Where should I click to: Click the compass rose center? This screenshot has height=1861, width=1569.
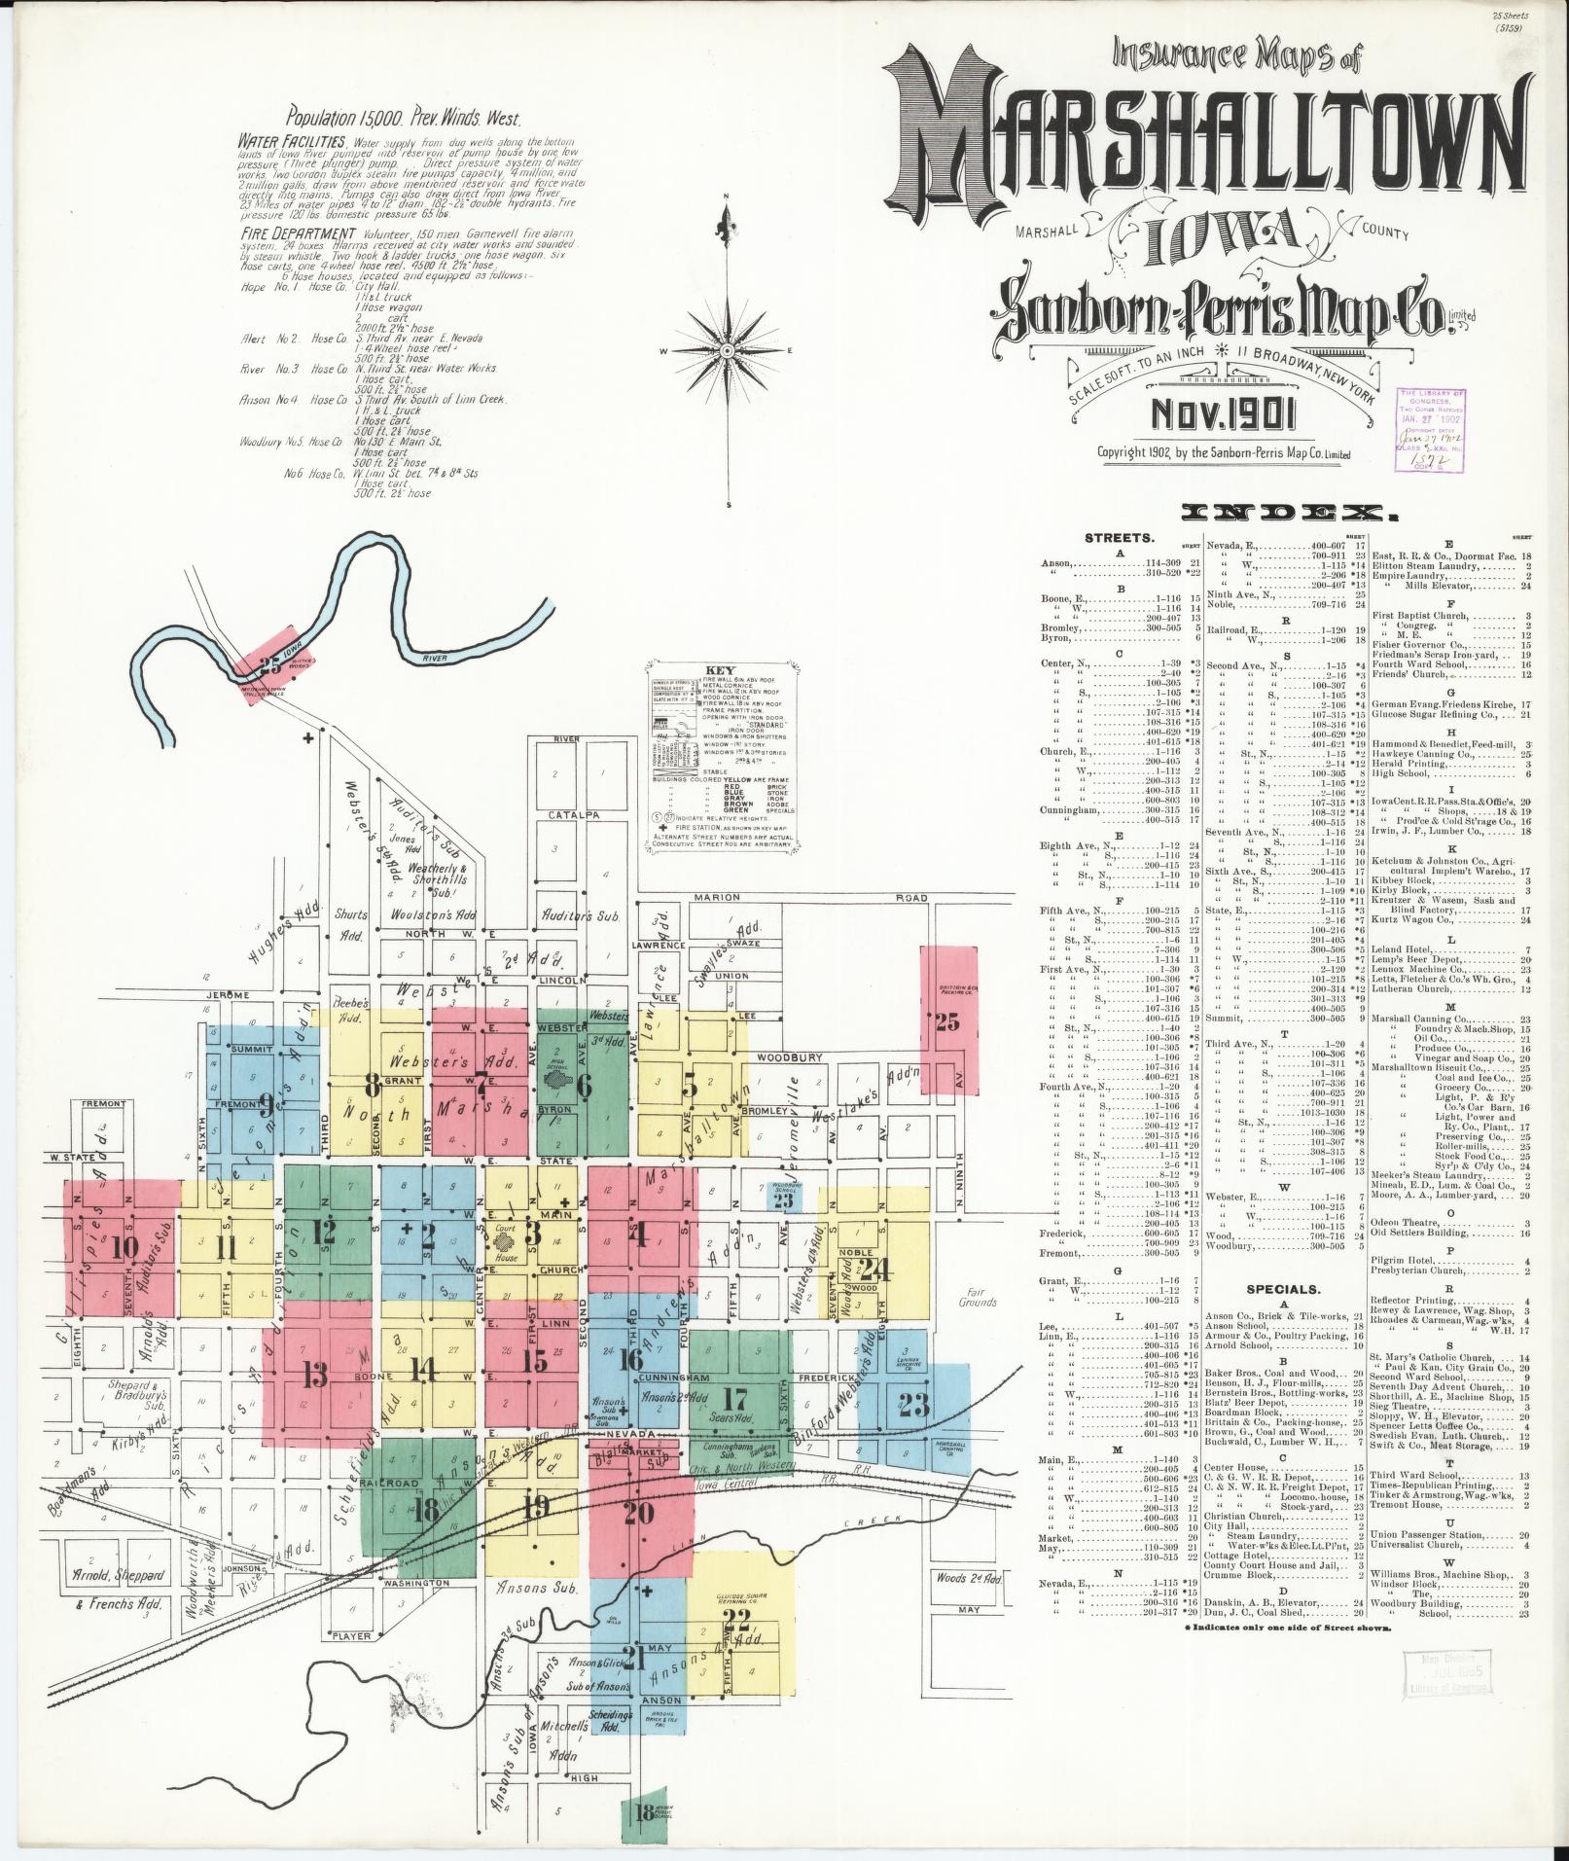click(728, 349)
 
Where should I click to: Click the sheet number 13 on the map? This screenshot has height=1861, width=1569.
click(314, 1375)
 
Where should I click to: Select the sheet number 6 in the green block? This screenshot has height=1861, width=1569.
click(584, 1086)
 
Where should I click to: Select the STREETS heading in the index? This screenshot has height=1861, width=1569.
click(1119, 537)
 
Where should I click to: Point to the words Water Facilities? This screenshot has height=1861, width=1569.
click(295, 142)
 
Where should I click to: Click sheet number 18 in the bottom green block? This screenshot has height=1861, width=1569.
click(644, 1812)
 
